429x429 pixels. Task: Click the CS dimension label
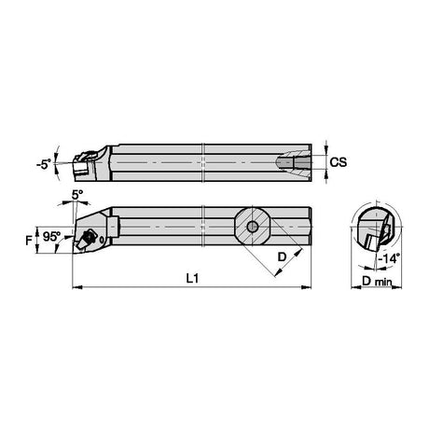[x=338, y=162]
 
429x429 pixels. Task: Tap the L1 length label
[x=192, y=278]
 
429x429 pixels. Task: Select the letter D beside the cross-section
[x=282, y=256]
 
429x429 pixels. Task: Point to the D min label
[x=377, y=281]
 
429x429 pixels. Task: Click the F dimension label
[x=29, y=240]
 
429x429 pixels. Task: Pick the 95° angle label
[x=51, y=237]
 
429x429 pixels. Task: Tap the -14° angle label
[x=389, y=258]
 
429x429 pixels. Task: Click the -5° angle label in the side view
[x=44, y=164]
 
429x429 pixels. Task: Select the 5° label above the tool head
[x=77, y=195]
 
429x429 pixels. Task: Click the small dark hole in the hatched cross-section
[x=252, y=227]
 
